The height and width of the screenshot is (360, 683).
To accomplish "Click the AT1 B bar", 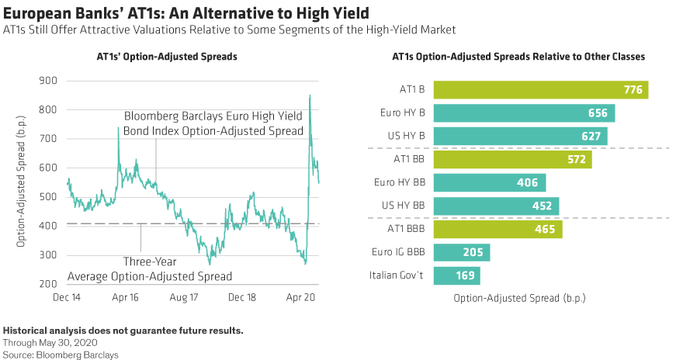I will pos(540,90).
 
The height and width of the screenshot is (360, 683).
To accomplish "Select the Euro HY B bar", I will pos(524,113).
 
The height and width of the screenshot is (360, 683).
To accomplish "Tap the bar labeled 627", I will pos(520,137).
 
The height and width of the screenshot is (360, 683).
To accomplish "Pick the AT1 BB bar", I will pos(512,160).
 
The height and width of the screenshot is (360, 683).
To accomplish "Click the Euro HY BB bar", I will pos(490,183).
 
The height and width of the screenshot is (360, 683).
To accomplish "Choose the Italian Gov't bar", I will pos(456,276).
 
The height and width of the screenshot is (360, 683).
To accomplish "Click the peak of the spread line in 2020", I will pos(310,95).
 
